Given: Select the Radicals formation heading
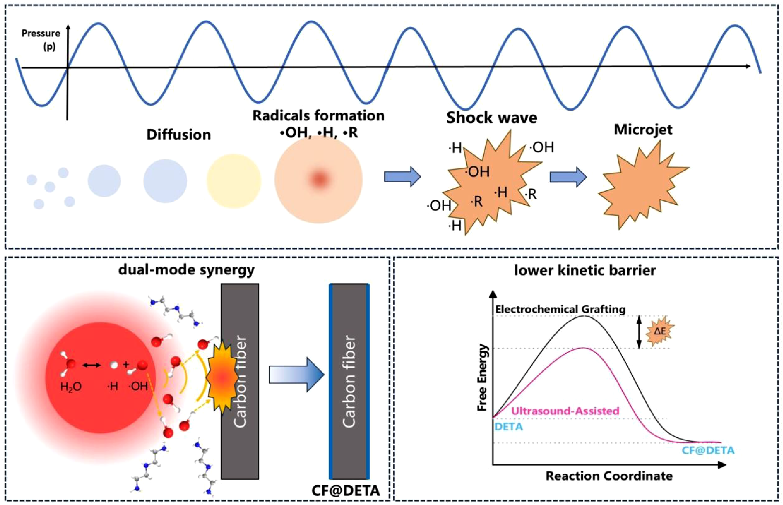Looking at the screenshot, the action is click(x=318, y=116).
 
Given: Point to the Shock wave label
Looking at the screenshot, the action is click(x=492, y=118).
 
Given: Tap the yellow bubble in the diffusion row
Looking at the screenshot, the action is click(x=234, y=181).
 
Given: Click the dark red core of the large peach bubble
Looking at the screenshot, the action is click(x=319, y=179).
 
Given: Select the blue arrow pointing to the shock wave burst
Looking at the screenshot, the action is click(x=402, y=176).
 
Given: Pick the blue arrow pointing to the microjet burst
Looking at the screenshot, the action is click(x=568, y=177).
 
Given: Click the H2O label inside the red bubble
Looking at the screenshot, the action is click(x=71, y=387).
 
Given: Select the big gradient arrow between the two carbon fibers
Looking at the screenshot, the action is click(x=297, y=374).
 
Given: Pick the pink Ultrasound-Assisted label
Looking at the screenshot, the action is click(x=565, y=411).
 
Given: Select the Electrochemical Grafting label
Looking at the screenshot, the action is click(x=561, y=309).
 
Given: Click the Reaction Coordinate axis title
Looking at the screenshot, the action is click(x=609, y=476).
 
